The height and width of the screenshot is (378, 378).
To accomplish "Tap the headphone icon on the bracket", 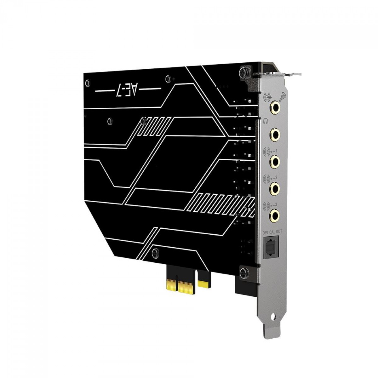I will pyautogui.click(x=266, y=121).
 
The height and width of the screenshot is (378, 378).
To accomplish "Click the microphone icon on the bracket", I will pyautogui.click(x=282, y=96).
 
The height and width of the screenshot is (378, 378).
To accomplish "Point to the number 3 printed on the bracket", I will pyautogui.click(x=276, y=204).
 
